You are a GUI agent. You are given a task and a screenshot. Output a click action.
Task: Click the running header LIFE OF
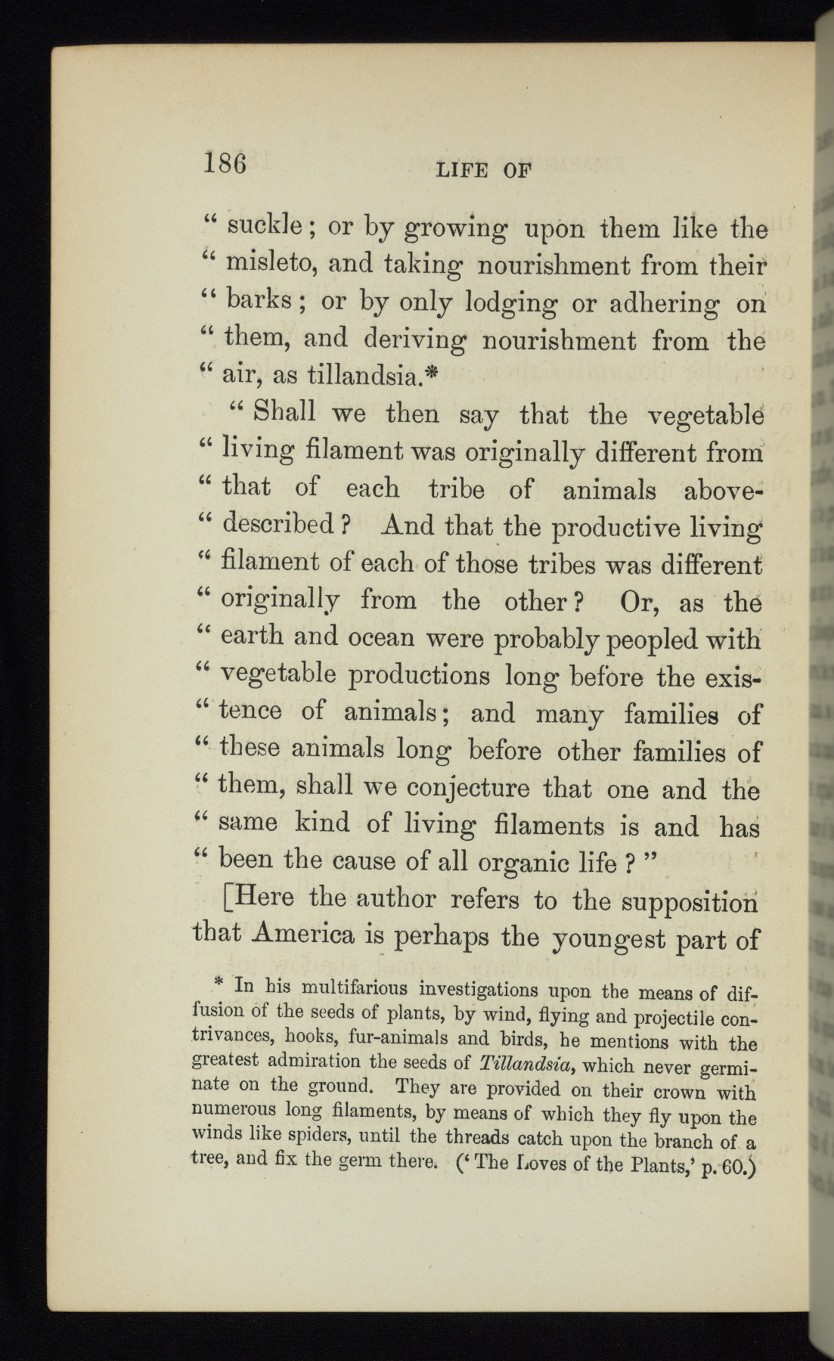pyautogui.click(x=484, y=170)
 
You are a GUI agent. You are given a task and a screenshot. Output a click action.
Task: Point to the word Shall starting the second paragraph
pyautogui.click(x=281, y=414)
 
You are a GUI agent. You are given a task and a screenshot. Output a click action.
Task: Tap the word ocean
pyautogui.click(x=381, y=637)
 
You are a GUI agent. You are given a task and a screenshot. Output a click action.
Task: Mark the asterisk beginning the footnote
pyautogui.click(x=220, y=982)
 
